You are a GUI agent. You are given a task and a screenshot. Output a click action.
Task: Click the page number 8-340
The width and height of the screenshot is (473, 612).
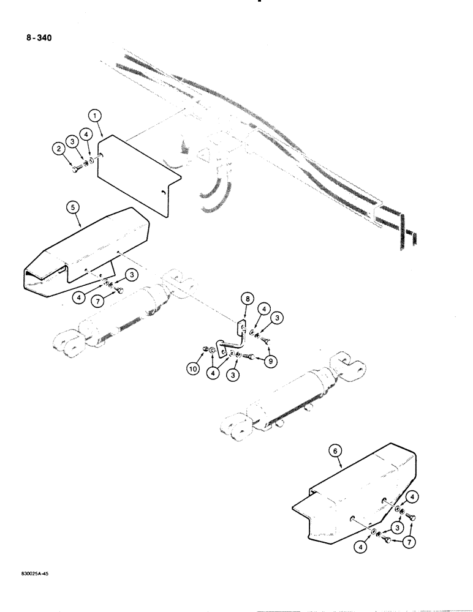point(39,38)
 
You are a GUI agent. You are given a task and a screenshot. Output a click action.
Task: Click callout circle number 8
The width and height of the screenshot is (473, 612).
point(246,299)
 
